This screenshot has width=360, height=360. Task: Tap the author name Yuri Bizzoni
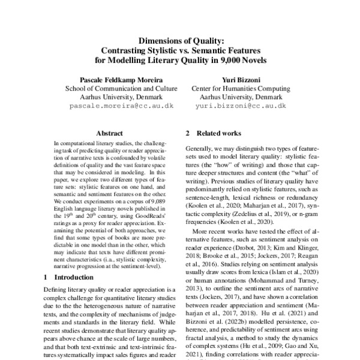pos(240,79)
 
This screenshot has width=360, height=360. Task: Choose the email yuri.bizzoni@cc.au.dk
pos(240,104)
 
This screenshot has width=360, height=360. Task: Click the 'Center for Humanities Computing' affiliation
pos(240,88)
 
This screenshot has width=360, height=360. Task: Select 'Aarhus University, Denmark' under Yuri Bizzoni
pos(240,96)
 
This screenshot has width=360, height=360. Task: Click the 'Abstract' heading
pos(109,133)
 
